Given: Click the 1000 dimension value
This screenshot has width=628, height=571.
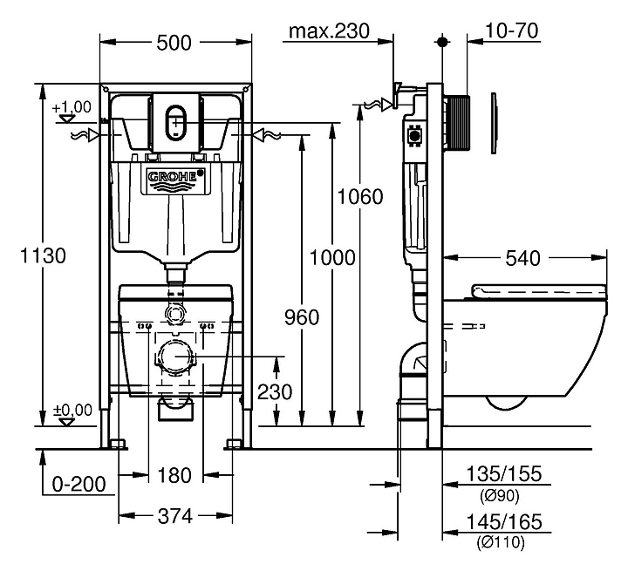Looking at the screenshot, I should coord(332,258).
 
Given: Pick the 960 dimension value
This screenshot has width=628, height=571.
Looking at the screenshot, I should coord(301,316).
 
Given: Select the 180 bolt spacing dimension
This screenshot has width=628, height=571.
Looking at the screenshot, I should coord(174,476).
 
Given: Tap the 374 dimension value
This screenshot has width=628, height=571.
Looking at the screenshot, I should coord(174,516).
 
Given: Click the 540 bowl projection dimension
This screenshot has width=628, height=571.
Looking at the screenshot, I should coord(522,258).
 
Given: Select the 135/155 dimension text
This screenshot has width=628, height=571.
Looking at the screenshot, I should coord(504,475).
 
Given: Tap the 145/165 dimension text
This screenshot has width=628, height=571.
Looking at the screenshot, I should coord(504,522).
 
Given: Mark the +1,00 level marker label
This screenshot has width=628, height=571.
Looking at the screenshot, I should coord(72,107).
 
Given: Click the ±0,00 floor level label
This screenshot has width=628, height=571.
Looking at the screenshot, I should coord(72,408).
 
